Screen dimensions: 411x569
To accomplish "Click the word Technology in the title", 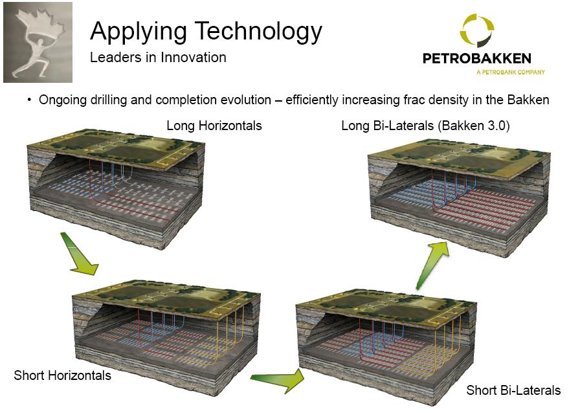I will pos(255,31).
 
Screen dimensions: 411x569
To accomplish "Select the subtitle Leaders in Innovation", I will pos(158,57).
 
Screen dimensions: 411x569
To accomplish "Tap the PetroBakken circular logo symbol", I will pos(477,32).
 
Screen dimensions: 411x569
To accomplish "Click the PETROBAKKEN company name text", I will pos(476,59).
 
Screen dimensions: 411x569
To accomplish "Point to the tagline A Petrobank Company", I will pos(510,72).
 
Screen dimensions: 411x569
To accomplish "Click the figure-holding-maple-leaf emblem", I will pos(37,41).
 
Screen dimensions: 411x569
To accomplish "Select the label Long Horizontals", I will pos(214,126).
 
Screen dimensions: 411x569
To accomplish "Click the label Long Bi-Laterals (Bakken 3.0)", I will pos(425,126).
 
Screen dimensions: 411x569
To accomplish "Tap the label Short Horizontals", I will pos(62,375).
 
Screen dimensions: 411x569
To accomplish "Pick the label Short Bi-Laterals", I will pos(513,390).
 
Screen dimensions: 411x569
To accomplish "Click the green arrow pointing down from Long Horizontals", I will pos(79,253).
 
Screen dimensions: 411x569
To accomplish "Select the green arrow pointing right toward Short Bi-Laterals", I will pos(278,379).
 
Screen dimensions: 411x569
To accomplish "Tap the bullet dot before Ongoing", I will pos(29,100).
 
